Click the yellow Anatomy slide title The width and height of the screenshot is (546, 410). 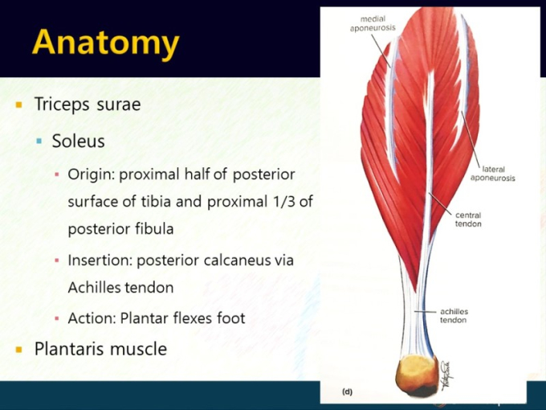point(105,43)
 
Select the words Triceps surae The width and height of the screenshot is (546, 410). point(88,105)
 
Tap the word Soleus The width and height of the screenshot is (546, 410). point(79,141)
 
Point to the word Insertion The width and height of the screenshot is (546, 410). point(100,260)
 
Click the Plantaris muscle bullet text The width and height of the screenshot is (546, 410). point(100,349)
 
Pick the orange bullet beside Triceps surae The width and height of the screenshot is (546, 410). point(18,105)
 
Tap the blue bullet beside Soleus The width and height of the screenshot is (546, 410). point(39,141)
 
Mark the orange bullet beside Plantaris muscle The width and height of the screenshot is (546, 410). point(18,350)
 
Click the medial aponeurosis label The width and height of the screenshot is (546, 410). point(373,23)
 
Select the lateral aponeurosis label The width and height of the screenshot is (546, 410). point(493,174)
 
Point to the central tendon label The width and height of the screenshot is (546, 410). point(468,219)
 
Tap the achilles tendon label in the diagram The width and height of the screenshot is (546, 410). point(454,316)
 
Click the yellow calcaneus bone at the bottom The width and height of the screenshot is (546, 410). point(417,375)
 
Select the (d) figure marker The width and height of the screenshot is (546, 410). point(347,392)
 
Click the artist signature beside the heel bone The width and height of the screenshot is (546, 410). point(446,375)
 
